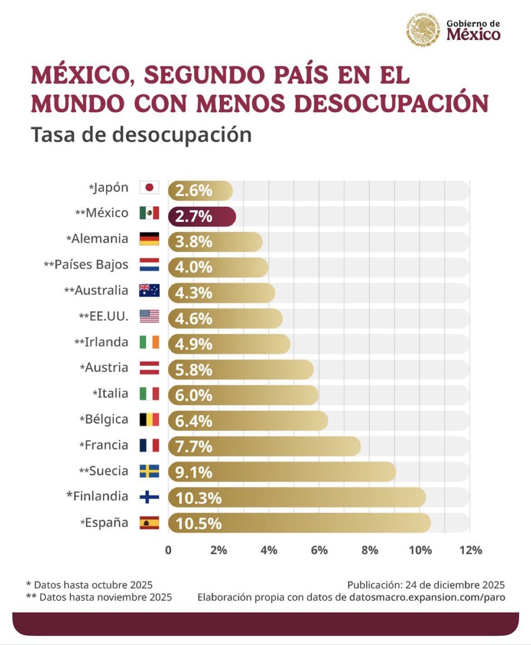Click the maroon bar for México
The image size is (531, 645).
(x=201, y=216)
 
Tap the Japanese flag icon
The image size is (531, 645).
(x=149, y=188)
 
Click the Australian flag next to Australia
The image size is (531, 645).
(x=149, y=290)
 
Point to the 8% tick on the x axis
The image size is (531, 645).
(x=369, y=550)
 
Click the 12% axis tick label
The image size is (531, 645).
(x=470, y=550)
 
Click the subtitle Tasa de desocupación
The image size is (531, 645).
(x=141, y=134)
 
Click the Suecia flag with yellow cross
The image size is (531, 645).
(x=149, y=471)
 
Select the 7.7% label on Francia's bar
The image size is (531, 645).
(x=193, y=446)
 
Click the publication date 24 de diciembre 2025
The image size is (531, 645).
(x=450, y=584)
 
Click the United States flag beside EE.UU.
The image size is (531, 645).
(x=149, y=316)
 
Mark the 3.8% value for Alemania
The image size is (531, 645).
(x=193, y=242)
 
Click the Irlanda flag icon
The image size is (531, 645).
(x=149, y=342)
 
